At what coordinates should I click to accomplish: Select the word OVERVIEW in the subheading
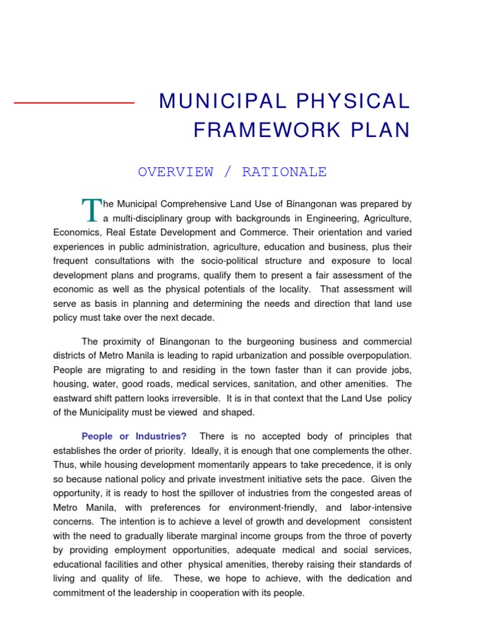175,172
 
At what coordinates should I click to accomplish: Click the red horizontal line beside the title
74,103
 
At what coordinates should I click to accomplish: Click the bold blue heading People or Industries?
134,436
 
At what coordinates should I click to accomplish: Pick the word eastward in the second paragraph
74,398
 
